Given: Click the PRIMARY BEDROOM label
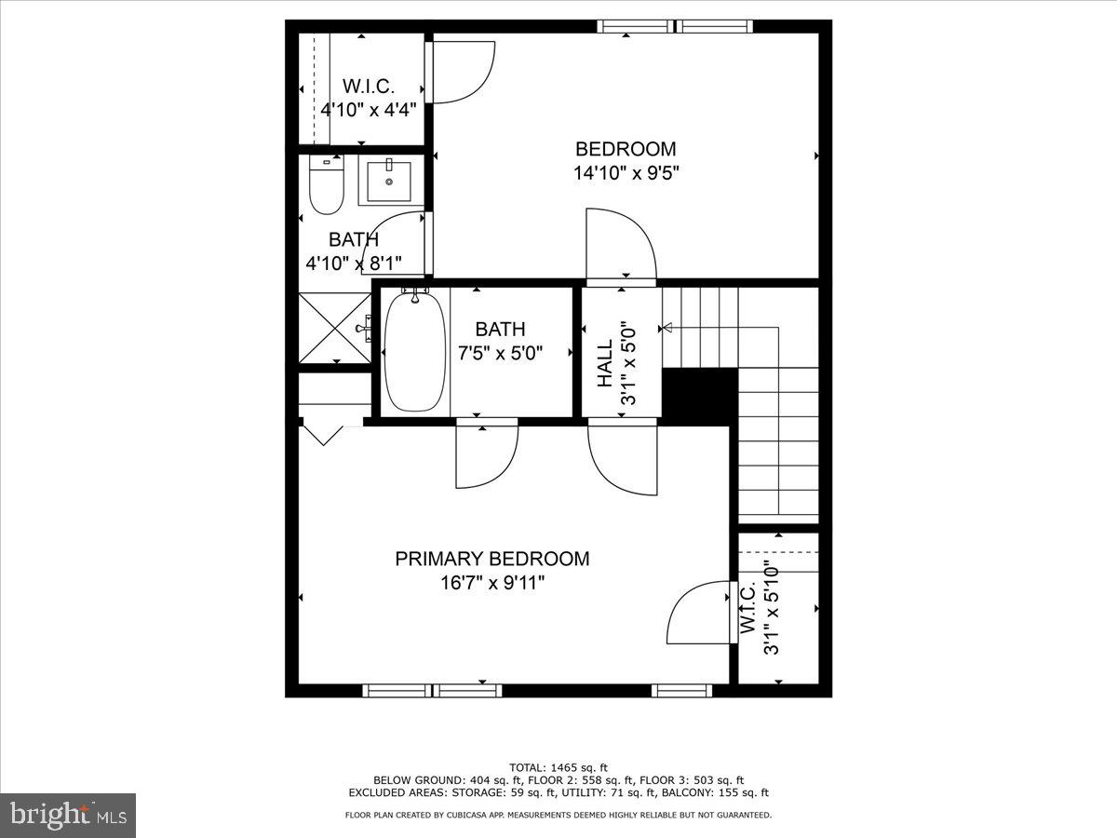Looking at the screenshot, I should coord(491,559).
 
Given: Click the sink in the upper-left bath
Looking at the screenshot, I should coord(388,182).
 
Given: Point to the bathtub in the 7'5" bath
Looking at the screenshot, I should coord(414,351).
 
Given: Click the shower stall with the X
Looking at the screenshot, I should coord(333,329).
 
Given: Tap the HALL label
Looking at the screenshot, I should coord(605,363).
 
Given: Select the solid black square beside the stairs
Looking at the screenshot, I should coord(698,396).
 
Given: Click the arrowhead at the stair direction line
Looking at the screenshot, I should coord(666,328).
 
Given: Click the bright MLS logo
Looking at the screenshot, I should coord(69,815).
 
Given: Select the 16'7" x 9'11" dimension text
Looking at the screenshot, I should coord(491,583).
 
